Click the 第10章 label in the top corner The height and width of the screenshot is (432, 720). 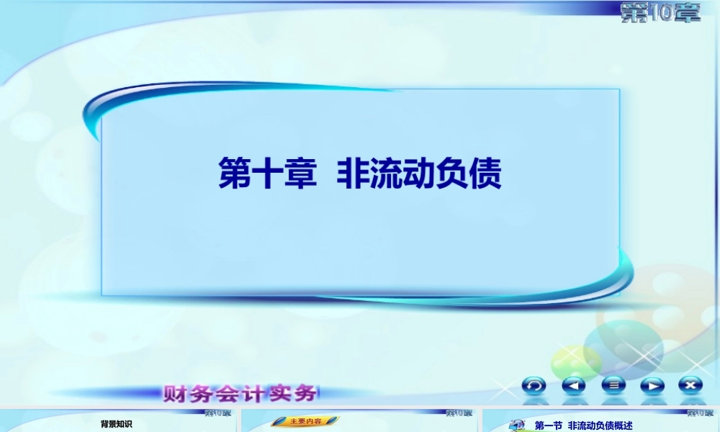[660, 12]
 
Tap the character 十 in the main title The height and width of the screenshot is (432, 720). [266, 174]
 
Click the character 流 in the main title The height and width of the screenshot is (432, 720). [386, 174]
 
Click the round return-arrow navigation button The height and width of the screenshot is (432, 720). [534, 385]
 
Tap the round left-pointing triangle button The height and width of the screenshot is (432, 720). [573, 385]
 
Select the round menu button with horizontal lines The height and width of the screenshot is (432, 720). [613, 385]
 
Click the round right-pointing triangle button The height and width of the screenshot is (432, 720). [652, 385]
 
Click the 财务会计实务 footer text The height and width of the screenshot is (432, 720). [240, 394]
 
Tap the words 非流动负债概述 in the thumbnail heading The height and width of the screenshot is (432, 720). [600, 426]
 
